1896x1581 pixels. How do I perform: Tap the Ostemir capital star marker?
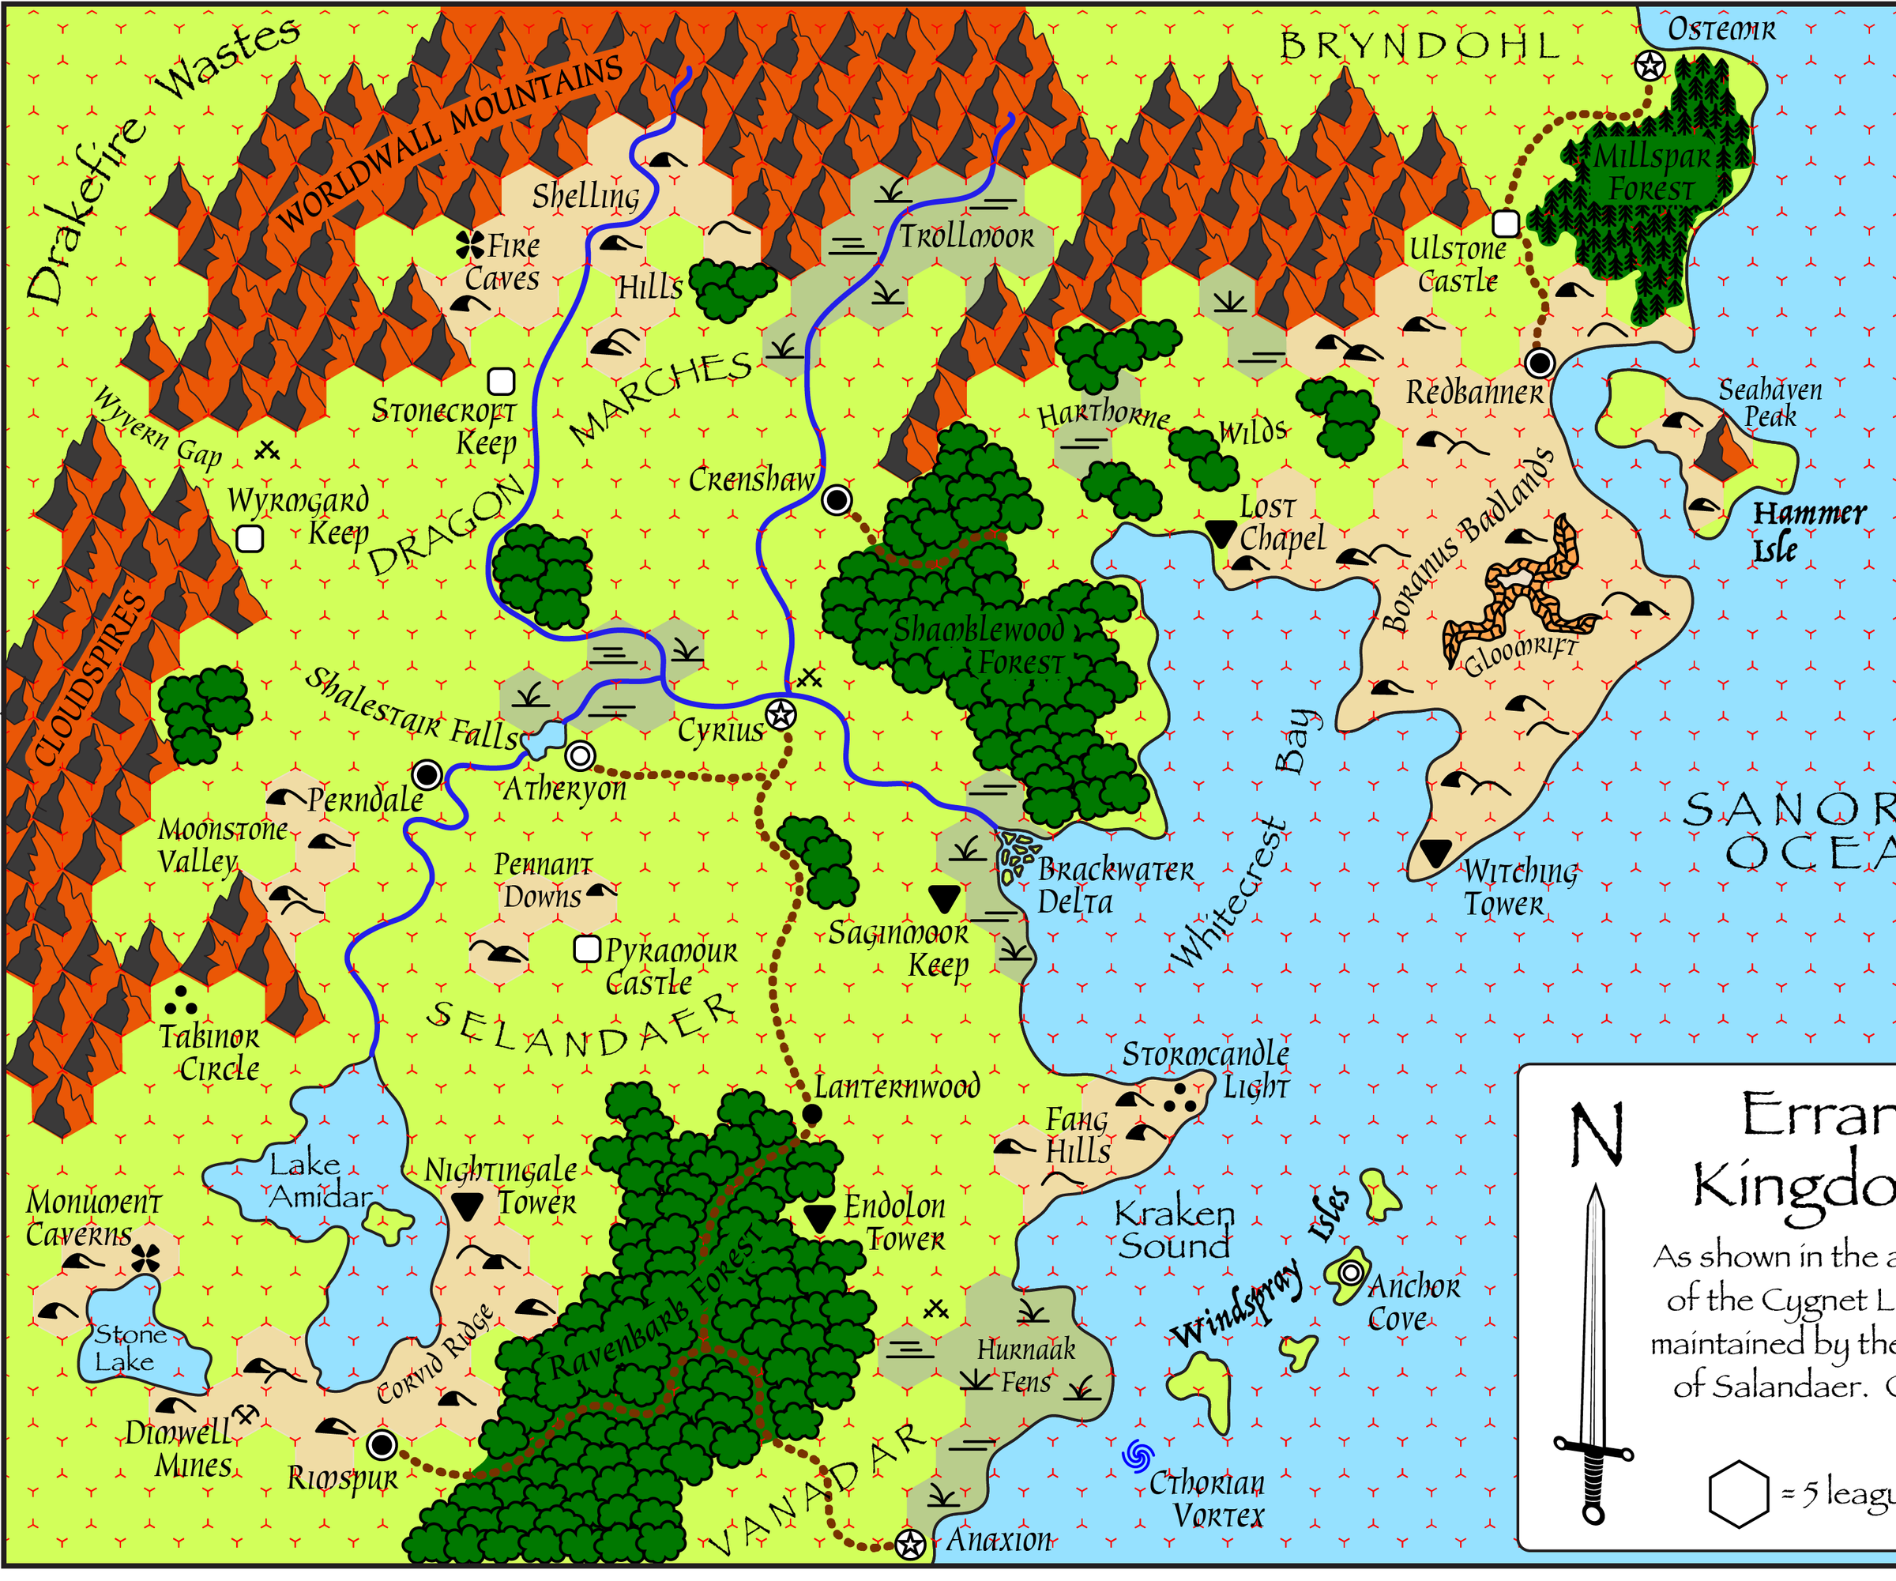tap(1650, 65)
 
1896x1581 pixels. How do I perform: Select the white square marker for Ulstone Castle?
tap(1506, 222)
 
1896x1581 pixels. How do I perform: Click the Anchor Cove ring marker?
tap(1351, 1273)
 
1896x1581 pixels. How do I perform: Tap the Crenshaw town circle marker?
tap(837, 499)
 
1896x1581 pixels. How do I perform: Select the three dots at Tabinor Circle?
tap(181, 1000)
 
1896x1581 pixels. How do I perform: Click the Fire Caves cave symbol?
tap(469, 243)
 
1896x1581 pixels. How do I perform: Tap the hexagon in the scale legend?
tap(1738, 1494)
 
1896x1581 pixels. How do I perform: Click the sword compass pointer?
tap(1594, 1354)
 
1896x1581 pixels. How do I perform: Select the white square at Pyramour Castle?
tap(587, 949)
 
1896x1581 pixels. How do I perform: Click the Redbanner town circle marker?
tap(1540, 363)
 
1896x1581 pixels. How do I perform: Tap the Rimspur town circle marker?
tap(382, 1444)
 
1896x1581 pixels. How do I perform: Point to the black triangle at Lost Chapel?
tap(1221, 532)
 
